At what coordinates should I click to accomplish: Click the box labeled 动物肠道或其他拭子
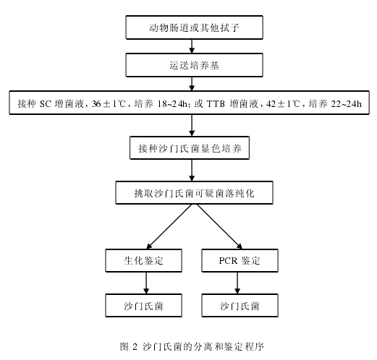194,27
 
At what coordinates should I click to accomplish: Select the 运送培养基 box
194,65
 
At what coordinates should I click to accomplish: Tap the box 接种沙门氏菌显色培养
190,148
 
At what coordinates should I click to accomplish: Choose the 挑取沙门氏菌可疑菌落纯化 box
194,193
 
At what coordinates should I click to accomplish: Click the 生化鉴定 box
143,260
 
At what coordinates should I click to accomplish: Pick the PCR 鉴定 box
240,260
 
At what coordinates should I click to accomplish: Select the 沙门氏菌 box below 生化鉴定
143,305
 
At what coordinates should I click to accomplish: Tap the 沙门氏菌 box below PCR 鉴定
240,305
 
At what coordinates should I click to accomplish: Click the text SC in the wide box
46,104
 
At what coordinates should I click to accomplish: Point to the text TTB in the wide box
216,104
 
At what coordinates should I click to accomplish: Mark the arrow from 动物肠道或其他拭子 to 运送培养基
192,46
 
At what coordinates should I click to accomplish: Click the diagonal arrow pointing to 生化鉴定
169,226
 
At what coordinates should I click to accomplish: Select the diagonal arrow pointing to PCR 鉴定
219,226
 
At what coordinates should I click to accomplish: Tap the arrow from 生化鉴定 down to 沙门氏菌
146,283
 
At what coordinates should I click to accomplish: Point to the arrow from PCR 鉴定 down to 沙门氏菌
237,283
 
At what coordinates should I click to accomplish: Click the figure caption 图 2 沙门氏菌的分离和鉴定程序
192,346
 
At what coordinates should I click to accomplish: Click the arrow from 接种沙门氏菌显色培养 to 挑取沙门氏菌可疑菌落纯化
192,170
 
